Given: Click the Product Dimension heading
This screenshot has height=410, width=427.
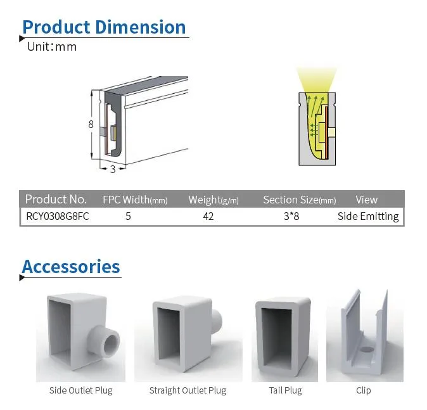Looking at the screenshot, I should point(104,27).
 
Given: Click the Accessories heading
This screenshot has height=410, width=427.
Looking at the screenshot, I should point(71,267).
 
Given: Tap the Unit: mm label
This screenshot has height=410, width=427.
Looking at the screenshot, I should point(51,47).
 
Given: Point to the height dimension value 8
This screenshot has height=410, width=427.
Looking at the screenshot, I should point(91,124).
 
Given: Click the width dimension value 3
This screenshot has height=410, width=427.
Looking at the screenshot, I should point(113,169).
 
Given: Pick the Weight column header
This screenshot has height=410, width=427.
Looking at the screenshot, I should point(213,200).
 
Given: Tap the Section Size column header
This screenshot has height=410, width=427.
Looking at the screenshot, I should point(299,200).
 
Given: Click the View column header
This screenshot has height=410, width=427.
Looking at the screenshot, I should point(366,200).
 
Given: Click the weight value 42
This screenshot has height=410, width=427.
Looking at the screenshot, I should point(208,216).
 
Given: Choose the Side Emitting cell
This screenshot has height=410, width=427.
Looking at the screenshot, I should point(368,216).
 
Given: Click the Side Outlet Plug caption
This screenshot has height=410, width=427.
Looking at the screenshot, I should point(81,390).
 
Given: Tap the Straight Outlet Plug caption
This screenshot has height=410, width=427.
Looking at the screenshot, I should point(188,390).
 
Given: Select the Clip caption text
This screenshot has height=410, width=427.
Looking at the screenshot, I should point(363,390).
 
